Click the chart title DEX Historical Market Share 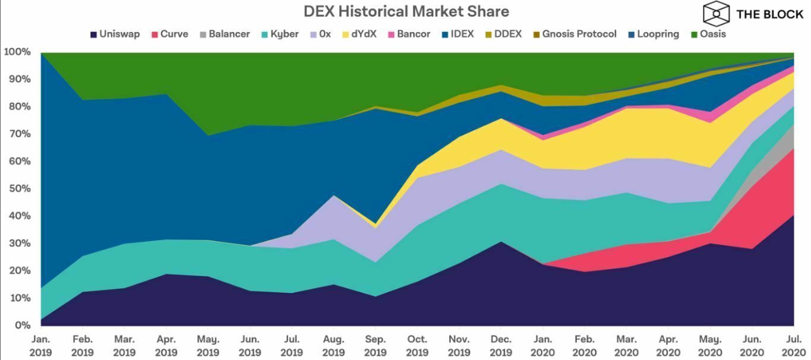tap(406, 11)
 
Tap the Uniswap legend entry tap(115, 34)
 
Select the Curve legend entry tap(170, 34)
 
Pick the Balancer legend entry tap(224, 34)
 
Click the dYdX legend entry tap(358, 34)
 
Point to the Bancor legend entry tap(409, 34)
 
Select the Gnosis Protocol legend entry tap(573, 34)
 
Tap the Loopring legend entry tap(652, 34)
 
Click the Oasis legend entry tap(709, 34)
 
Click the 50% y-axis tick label tap(18, 189)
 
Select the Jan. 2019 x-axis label tap(40, 346)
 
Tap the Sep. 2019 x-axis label tap(375, 346)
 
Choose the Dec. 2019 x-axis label tap(500, 346)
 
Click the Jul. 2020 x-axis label tap(793, 346)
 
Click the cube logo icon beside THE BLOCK tap(716, 12)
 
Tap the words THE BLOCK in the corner tap(769, 14)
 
